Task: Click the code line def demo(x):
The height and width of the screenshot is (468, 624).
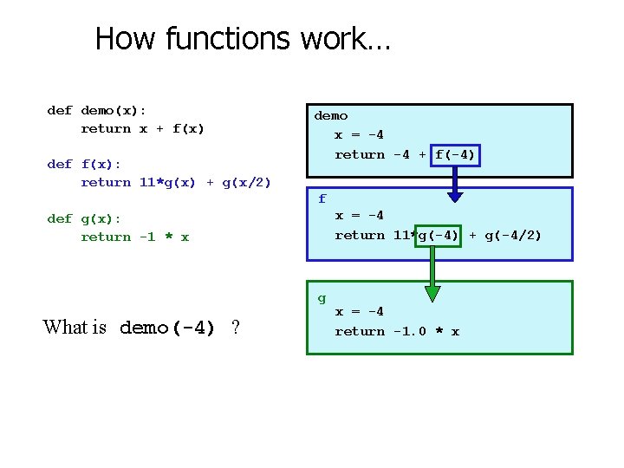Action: [96, 110]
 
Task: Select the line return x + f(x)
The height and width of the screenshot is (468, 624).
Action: [142, 129]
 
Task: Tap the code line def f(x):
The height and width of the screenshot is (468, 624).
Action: [84, 164]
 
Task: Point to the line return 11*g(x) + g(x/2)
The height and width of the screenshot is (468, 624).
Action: [175, 182]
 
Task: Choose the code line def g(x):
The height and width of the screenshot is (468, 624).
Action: [84, 218]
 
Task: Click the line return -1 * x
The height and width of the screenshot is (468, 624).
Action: [134, 237]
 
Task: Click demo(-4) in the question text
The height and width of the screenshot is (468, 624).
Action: [167, 328]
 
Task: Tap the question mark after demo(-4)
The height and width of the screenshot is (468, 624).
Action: [235, 328]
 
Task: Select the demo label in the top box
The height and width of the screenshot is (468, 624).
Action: [331, 115]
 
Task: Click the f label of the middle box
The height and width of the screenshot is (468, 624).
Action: [322, 198]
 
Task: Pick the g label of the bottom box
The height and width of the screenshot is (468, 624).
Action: [322, 298]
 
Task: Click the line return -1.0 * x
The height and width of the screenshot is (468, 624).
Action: [397, 331]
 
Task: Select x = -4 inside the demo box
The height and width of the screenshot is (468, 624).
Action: [359, 134]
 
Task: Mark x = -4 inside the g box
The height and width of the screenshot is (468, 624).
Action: [359, 311]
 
